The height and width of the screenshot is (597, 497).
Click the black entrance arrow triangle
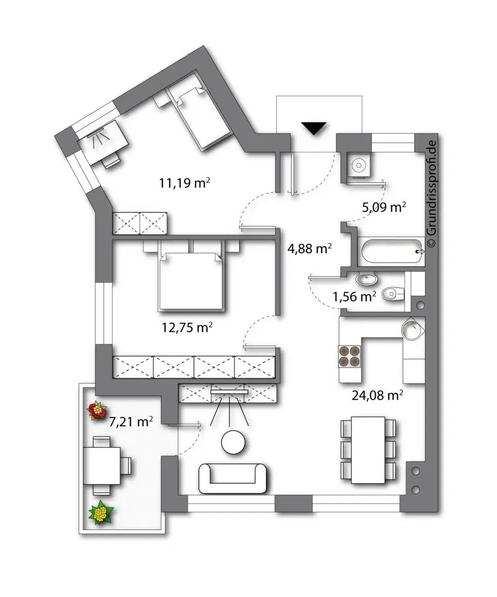[x=315, y=128]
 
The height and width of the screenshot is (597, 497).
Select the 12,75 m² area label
[x=188, y=327]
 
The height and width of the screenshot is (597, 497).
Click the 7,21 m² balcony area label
[x=131, y=422]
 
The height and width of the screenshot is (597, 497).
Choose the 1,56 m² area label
[x=354, y=296]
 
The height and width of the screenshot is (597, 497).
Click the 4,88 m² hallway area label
[x=308, y=249]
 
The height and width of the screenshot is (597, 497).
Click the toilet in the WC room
[x=394, y=292]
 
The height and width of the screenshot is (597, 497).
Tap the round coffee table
[x=234, y=442]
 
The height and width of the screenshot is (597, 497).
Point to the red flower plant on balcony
[x=97, y=410]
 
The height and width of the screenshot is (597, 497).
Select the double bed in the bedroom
[x=191, y=281]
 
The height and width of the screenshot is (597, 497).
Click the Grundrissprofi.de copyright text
[x=433, y=193]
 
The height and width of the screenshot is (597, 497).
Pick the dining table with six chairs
[x=369, y=449]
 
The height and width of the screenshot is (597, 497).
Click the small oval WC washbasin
[x=365, y=279]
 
